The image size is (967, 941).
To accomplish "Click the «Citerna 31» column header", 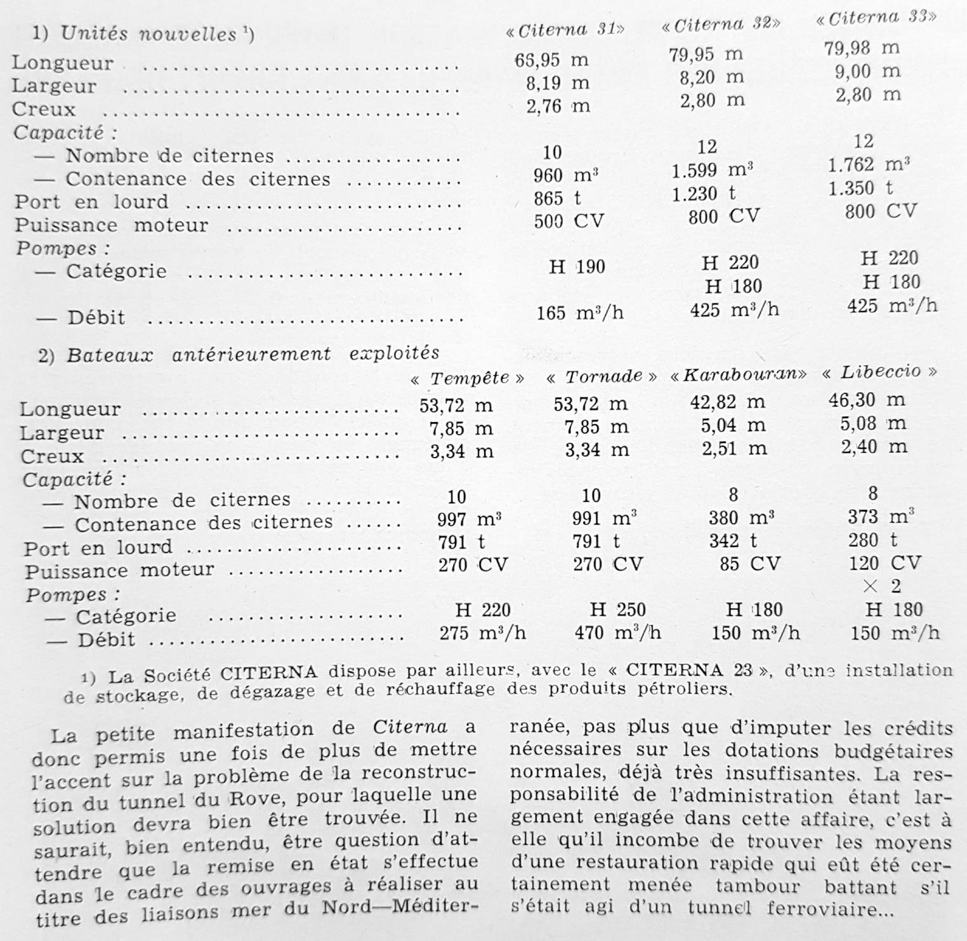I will pyautogui.click(x=565, y=30).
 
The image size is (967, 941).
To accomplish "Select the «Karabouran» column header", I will pyautogui.click(x=739, y=374).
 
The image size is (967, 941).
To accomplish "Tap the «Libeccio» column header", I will pyautogui.click(x=880, y=372).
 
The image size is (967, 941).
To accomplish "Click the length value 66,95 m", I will pyautogui.click(x=551, y=60).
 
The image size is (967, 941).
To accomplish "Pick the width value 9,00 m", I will pyautogui.click(x=867, y=71).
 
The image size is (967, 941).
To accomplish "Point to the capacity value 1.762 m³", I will pyautogui.click(x=869, y=164).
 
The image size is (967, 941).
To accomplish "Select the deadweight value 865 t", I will pyautogui.click(x=557, y=199).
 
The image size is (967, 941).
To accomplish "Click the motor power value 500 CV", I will pyautogui.click(x=568, y=221).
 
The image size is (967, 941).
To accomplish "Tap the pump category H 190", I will pyautogui.click(x=577, y=267).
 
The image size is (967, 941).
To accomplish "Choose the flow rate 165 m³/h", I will pyautogui.click(x=579, y=312).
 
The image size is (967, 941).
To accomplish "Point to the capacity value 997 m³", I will pyautogui.click(x=469, y=520).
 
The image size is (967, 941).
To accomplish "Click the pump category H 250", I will pyautogui.click(x=617, y=610).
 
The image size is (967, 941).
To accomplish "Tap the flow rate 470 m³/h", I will pyautogui.click(x=617, y=633).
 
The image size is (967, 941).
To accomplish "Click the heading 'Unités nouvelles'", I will pyautogui.click(x=148, y=34).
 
